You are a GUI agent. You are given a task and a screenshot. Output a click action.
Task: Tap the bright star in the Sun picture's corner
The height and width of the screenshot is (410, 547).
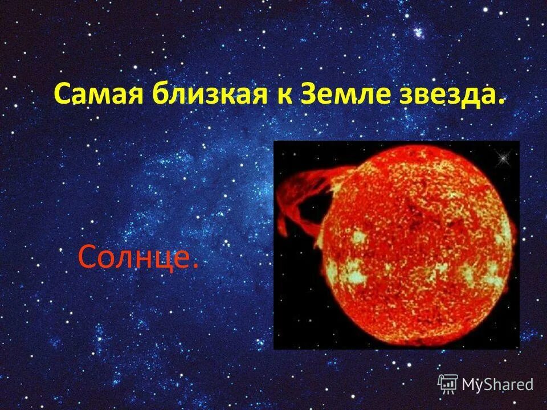pos(502,156)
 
